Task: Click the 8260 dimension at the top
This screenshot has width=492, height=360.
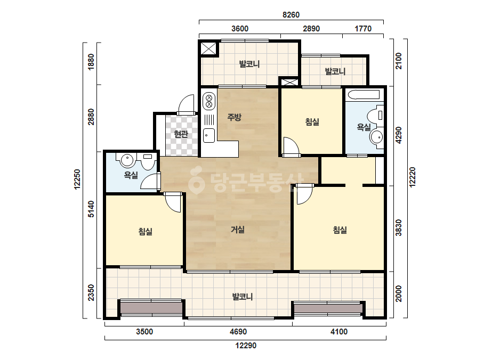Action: click(x=291, y=15)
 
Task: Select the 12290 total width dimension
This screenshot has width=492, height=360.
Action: click(x=246, y=345)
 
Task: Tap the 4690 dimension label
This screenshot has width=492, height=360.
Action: click(x=238, y=331)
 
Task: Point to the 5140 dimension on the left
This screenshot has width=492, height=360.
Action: click(x=91, y=209)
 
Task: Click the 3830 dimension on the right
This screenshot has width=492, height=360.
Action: click(x=399, y=228)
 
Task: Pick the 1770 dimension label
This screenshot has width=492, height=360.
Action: click(x=363, y=29)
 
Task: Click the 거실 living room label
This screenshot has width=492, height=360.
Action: click(x=238, y=230)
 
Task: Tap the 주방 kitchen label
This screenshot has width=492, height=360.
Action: click(x=235, y=117)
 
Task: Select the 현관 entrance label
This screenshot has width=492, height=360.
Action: click(x=181, y=134)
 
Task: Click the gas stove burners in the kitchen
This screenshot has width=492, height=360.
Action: click(x=208, y=100)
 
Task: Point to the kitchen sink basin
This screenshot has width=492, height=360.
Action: click(x=208, y=135)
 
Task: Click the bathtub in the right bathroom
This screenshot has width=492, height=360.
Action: click(x=364, y=94)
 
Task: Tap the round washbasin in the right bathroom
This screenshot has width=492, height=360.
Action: click(x=376, y=137)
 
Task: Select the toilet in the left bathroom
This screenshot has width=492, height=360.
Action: click(x=148, y=160)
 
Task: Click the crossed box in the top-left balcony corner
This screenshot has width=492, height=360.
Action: click(x=208, y=48)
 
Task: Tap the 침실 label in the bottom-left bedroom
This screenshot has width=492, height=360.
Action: click(x=146, y=232)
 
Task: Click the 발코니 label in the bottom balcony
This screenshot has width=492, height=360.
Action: click(x=242, y=296)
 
